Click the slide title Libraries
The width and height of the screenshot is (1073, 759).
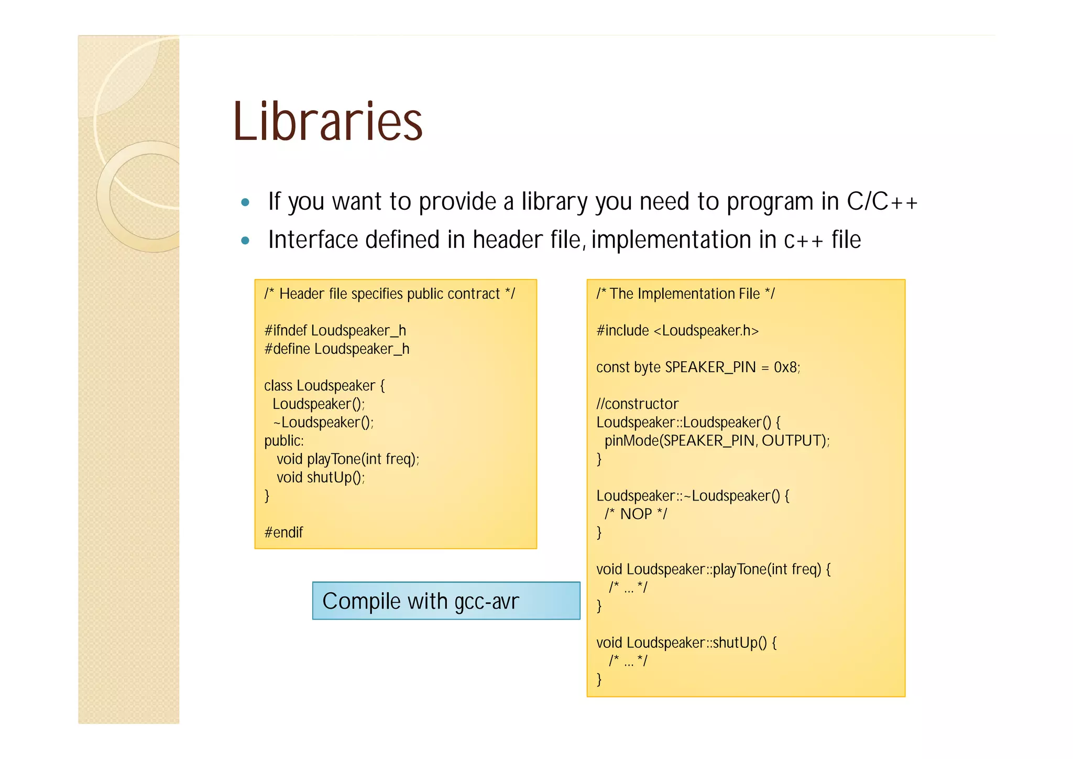(327, 122)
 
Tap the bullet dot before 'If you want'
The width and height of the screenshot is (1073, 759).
(245, 202)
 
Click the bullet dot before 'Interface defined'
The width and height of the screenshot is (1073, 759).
(245, 241)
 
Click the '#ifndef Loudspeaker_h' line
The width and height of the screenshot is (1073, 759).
(335, 331)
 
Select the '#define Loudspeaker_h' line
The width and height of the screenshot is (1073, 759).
(337, 349)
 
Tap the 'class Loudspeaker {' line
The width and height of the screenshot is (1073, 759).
(324, 386)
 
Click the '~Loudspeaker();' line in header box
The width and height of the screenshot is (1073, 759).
(323, 422)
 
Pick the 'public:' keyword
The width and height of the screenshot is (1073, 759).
(284, 441)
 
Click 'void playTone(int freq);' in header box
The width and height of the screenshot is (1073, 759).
(348, 459)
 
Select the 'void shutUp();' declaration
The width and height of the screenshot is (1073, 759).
(321, 478)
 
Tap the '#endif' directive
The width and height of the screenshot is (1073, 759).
(283, 533)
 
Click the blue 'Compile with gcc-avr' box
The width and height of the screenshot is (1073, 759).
(446, 601)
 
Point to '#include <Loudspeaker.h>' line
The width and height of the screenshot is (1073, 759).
(677, 331)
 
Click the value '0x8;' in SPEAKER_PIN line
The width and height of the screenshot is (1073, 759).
(787, 367)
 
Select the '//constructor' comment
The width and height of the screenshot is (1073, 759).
(637, 404)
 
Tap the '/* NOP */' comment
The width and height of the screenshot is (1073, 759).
(636, 514)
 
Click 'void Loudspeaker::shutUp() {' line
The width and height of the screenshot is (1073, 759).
(686, 643)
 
